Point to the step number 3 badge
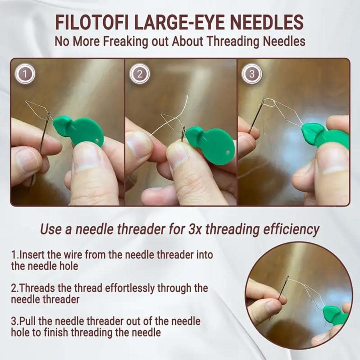coord(252,74)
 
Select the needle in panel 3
coord(256,116)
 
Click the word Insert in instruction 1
coord(30,254)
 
